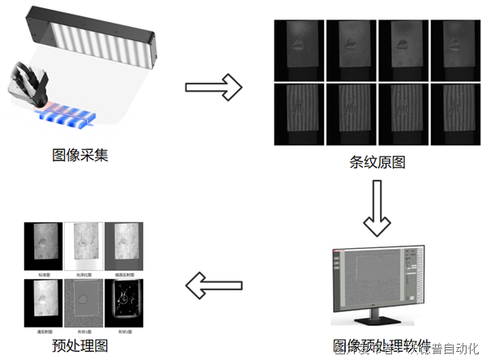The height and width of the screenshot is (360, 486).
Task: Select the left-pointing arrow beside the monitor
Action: click(214, 285)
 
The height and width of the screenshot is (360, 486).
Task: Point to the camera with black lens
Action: click(29, 82)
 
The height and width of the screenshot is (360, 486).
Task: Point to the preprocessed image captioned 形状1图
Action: click(83, 302)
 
